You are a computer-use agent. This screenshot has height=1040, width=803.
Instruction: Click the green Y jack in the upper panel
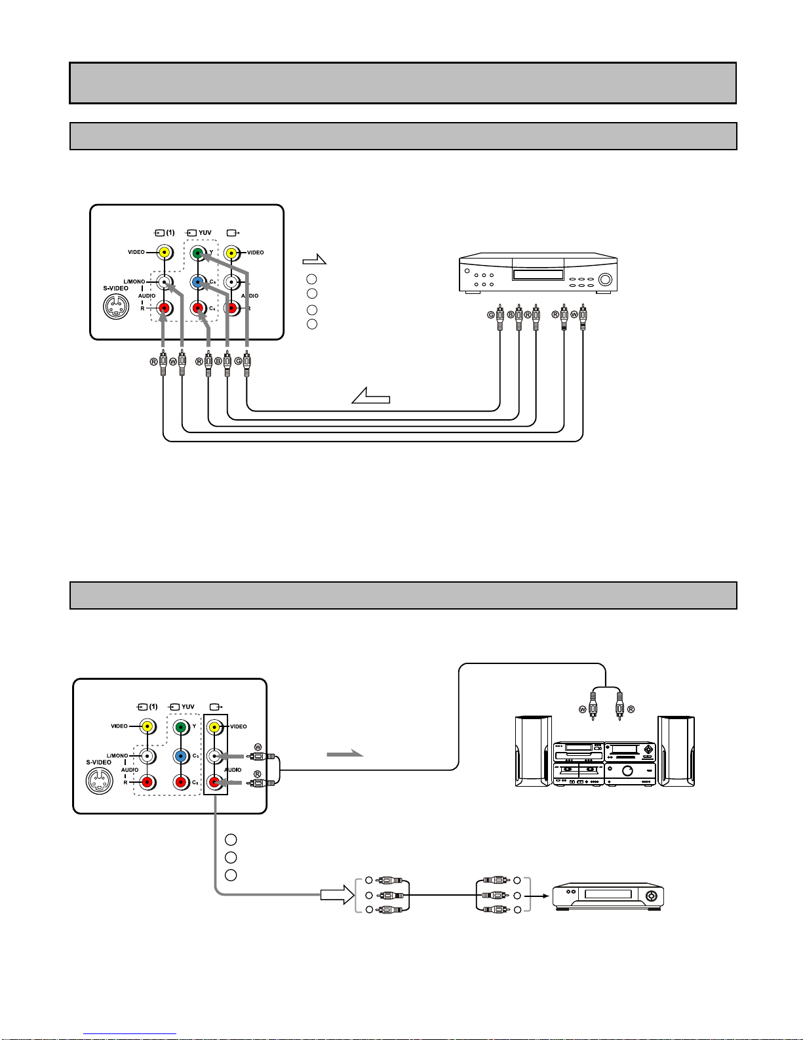[x=197, y=253]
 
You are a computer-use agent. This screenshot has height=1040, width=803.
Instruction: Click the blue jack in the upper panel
[x=197, y=282]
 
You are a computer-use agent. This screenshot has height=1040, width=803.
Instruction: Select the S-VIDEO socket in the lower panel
[x=99, y=780]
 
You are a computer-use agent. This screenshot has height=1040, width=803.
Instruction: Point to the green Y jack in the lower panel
[x=180, y=727]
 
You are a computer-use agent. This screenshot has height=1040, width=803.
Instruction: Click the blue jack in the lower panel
[x=180, y=756]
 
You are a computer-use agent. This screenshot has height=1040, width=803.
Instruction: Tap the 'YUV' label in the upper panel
[x=205, y=232]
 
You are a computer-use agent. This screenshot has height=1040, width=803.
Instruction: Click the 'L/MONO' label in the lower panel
[x=117, y=755]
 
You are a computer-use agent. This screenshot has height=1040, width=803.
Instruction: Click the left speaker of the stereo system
[x=533, y=751]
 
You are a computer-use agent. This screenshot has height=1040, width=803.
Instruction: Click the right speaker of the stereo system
[x=676, y=751]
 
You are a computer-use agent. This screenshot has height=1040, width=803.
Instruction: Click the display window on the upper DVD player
[x=538, y=274]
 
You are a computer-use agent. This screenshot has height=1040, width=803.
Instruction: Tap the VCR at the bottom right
[x=608, y=896]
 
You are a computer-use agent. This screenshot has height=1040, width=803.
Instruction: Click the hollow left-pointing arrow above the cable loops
[x=371, y=395]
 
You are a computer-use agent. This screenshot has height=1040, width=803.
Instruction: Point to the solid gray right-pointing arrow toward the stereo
[x=345, y=754]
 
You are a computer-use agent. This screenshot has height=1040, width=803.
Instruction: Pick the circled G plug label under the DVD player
[x=491, y=315]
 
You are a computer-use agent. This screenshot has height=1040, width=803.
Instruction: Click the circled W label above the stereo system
[x=582, y=709]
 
